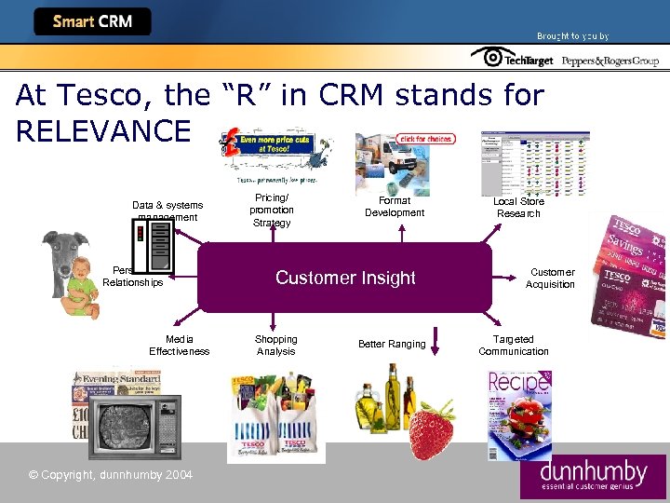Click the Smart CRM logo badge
(92, 21)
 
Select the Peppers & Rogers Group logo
(609, 60)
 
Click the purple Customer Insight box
(344, 278)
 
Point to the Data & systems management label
(167, 211)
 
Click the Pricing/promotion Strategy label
(272, 211)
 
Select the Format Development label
(395, 207)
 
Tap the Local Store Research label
(518, 208)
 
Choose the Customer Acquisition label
(551, 279)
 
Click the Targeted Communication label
(514, 346)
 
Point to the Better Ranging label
(392, 345)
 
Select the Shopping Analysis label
(275, 346)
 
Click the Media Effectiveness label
(180, 346)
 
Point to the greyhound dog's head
(66, 251)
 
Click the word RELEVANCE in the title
(102, 130)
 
